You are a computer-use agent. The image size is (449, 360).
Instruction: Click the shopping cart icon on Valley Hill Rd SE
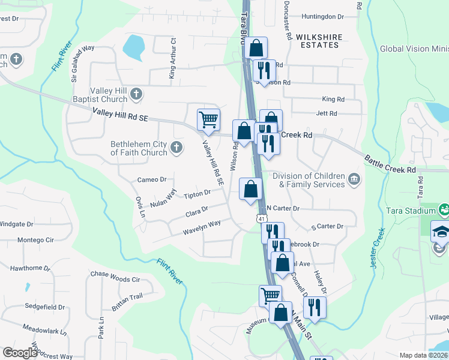[208, 119]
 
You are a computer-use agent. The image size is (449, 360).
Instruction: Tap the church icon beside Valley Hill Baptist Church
[137, 94]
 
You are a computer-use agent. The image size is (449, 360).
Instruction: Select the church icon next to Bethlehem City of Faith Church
[176, 147]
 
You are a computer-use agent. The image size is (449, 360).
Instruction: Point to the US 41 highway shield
[262, 218]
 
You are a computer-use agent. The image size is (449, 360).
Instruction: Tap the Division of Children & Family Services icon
[354, 178]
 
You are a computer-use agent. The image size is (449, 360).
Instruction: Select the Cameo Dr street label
[151, 179]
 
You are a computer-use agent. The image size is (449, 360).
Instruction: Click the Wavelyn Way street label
[202, 224]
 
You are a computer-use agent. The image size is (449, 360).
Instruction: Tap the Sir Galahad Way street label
[75, 63]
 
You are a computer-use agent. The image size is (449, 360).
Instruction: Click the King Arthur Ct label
[172, 58]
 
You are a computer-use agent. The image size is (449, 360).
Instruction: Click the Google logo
[20, 353]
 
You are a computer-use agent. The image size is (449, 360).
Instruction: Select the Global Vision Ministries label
[414, 49]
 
